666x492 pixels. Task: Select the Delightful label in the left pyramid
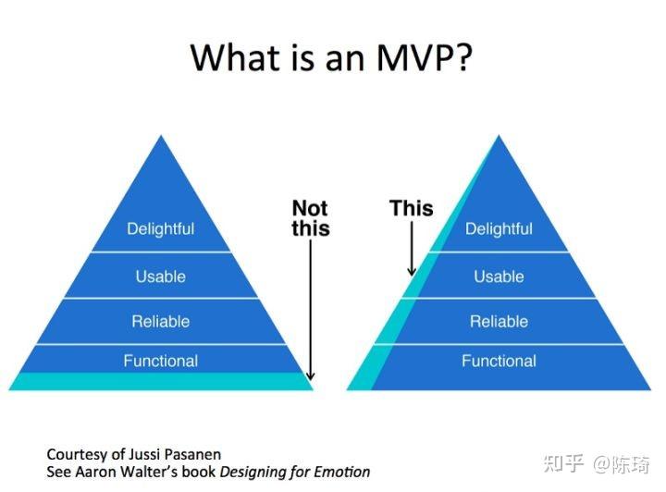point(161,228)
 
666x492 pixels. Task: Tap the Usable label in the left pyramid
point(161,277)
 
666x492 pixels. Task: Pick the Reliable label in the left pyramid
point(161,322)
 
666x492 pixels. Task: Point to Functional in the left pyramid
point(161,361)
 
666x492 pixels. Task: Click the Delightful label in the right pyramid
point(499,228)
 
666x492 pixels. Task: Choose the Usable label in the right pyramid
point(499,277)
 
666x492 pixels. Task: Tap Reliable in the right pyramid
point(499,322)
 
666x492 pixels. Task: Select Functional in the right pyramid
point(499,361)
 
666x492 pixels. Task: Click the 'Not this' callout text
point(311,218)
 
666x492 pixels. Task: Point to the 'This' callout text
point(412,208)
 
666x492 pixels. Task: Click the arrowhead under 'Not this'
point(311,375)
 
